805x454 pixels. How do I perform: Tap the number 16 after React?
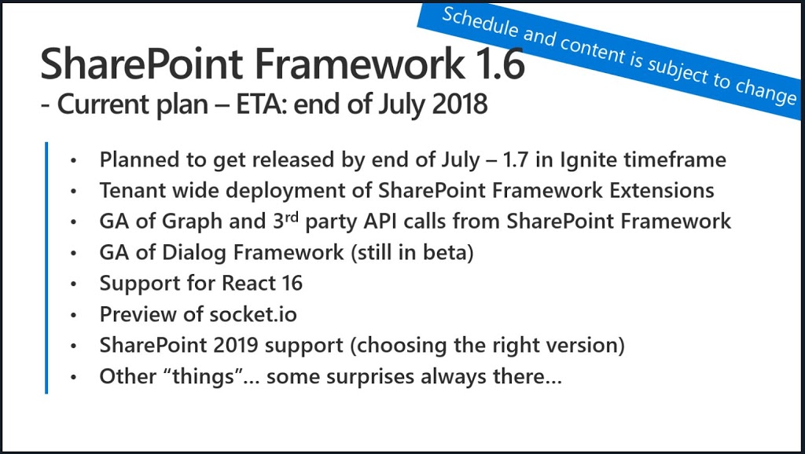click(x=292, y=284)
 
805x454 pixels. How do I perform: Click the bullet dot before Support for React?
click(x=74, y=284)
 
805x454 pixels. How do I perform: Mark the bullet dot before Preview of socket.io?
click(x=74, y=314)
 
